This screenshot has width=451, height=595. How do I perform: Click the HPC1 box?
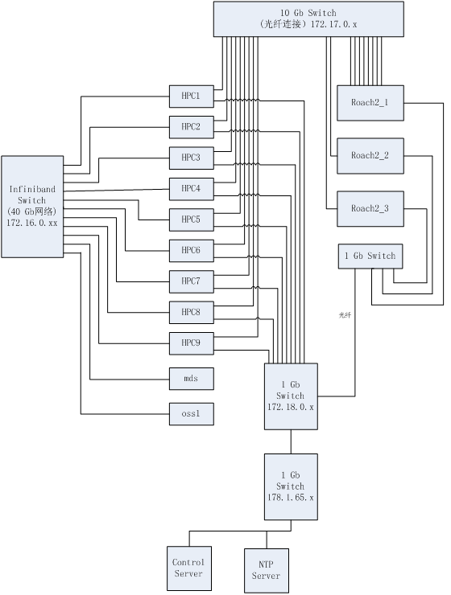click(192, 96)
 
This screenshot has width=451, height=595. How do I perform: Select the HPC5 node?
click(192, 220)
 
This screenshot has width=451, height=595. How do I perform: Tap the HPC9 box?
click(192, 343)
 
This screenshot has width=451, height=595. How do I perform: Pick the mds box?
click(192, 379)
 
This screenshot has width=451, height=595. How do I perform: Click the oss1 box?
click(192, 413)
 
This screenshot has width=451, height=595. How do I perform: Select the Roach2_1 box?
click(370, 103)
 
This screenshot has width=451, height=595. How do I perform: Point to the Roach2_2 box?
click(370, 156)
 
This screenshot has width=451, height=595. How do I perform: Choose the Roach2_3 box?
click(370, 209)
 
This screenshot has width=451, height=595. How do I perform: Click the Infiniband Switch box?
click(32, 207)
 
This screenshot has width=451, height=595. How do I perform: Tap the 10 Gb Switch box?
click(308, 19)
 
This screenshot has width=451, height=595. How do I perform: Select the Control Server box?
click(189, 568)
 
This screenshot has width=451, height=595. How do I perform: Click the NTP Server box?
click(267, 571)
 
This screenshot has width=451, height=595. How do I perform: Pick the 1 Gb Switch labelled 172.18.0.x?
click(291, 396)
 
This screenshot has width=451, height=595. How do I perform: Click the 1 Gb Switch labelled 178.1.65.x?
click(291, 486)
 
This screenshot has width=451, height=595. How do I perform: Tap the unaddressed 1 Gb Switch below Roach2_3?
click(370, 256)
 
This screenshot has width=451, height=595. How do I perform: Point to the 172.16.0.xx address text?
click(32, 223)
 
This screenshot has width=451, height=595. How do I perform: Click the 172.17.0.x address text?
click(334, 24)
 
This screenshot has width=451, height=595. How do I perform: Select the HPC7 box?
click(192, 281)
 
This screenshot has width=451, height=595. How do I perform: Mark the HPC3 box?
click(192, 158)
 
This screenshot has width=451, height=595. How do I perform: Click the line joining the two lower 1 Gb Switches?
click(291, 441)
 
